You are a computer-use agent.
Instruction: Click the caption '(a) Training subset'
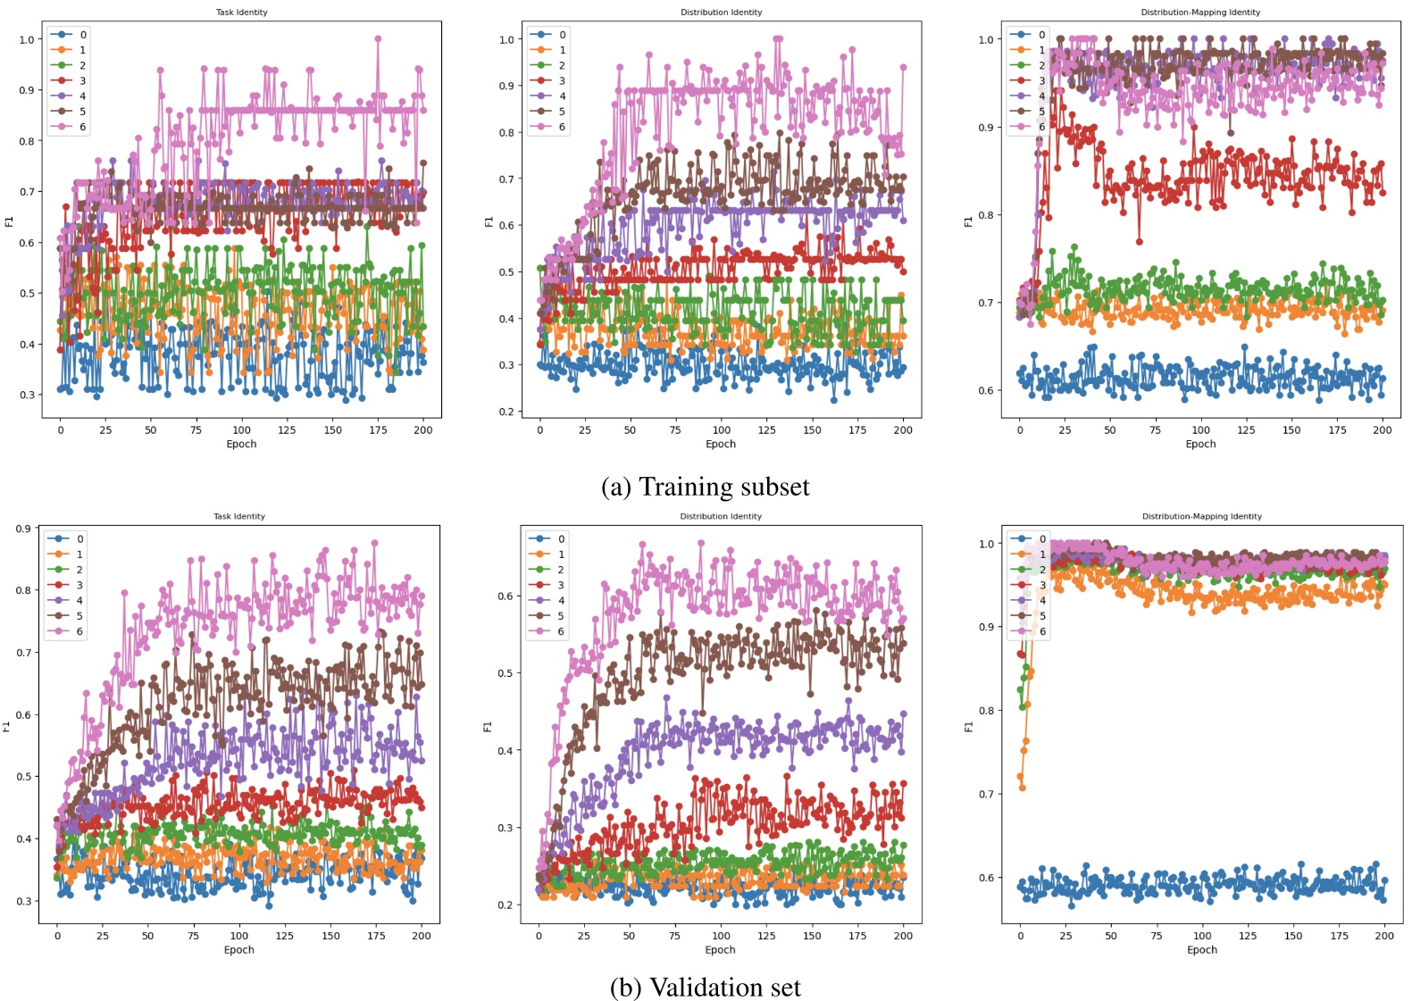tap(705, 487)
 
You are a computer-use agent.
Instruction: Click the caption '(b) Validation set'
tap(705, 987)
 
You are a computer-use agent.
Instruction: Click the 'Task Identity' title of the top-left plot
tap(241, 13)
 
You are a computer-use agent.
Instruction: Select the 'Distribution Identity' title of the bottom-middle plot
tap(720, 516)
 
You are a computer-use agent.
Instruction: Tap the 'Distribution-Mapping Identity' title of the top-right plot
tap(1199, 13)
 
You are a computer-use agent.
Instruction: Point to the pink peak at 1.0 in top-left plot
tap(378, 39)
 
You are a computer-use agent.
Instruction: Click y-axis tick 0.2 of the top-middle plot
tap(506, 412)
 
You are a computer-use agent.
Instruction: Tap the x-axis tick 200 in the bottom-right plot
tap(1383, 936)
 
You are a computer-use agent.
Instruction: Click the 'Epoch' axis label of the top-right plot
tap(1199, 444)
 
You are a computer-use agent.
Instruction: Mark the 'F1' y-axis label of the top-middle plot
tap(489, 221)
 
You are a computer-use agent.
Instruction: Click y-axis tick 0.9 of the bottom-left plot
tap(24, 529)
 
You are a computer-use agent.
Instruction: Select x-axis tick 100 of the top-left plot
tap(241, 430)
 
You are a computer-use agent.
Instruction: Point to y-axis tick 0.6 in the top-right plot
tap(985, 390)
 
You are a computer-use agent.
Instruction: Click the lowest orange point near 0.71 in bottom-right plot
tap(1023, 788)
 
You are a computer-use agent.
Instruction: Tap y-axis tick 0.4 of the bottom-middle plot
tap(505, 751)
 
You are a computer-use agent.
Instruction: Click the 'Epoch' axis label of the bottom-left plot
tap(238, 949)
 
